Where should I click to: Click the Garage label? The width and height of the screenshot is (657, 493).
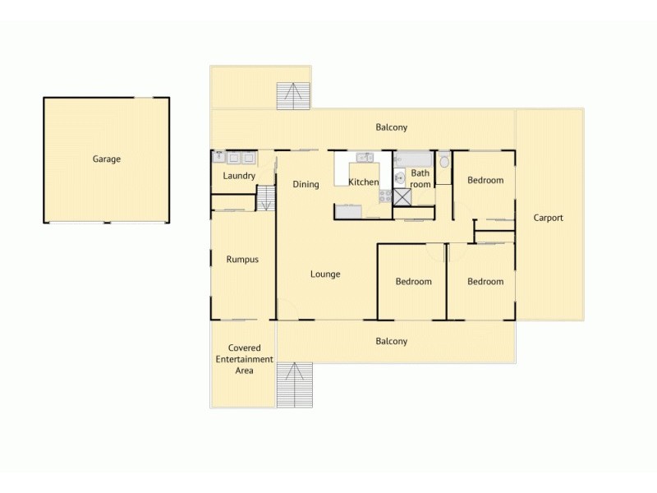106,159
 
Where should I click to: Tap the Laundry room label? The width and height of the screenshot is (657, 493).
239,176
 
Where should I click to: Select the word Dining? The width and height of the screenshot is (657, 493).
306,184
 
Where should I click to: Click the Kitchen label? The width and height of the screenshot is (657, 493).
364,182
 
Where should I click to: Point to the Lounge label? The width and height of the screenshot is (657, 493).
325,274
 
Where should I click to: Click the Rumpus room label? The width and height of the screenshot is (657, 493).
242,260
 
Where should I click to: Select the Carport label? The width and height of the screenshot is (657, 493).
548,218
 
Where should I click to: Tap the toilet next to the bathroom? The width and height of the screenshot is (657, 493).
444,161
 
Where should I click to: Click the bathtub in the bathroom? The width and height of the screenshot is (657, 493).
412,159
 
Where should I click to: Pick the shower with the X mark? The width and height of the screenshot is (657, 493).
401,196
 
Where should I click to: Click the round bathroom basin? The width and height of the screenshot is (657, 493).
398,177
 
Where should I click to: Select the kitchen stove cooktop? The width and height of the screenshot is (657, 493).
384,196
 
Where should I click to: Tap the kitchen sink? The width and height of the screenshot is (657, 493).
365,157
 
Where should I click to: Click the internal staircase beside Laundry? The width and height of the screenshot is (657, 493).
266,198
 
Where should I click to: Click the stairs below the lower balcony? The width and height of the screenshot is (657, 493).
294,385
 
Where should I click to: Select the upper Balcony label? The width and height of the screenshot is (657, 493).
391,127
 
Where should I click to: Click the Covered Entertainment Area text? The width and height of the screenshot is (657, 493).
244,359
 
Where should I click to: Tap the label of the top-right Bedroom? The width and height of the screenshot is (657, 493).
485,181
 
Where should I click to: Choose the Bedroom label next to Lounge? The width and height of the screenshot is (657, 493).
413,282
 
